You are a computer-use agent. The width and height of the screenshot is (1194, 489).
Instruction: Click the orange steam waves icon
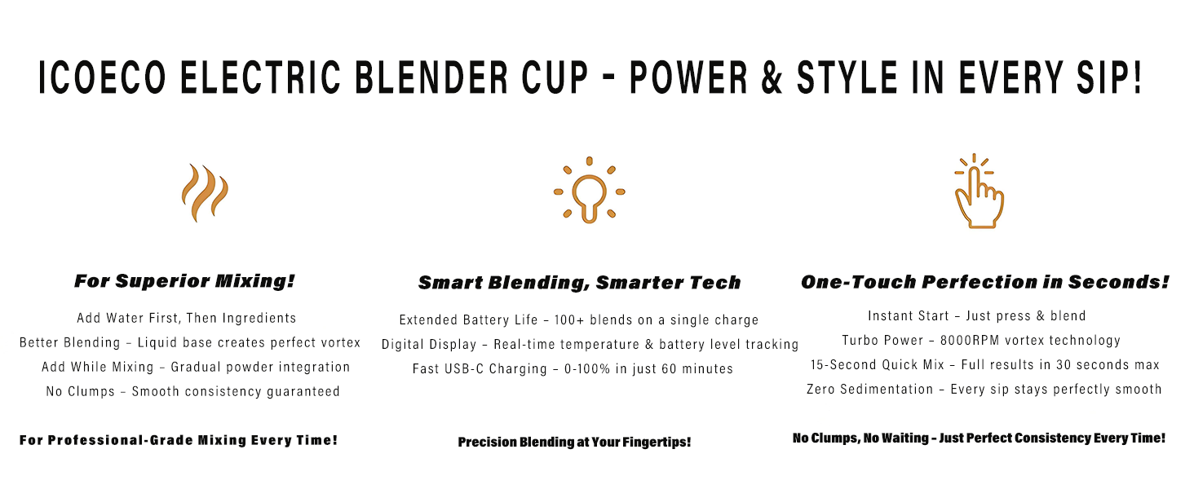coord(205,192)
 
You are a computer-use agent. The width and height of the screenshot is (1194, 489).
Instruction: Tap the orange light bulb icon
coord(589,190)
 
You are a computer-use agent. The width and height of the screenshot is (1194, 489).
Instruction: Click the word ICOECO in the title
coord(103,78)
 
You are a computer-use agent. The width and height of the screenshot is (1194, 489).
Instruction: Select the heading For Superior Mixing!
coord(184,282)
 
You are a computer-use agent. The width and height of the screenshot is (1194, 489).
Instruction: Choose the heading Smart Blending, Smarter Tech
coord(579,283)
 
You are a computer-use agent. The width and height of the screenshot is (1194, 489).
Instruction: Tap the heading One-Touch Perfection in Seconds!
coord(985,282)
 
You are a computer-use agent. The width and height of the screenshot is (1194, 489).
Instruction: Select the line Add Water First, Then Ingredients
coord(187,318)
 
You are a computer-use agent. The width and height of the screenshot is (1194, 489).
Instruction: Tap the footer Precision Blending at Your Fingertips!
coord(574,442)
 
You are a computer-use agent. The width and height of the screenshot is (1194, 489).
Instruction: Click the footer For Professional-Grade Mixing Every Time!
coord(179,440)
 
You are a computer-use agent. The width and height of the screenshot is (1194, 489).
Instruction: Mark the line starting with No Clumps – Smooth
coord(193,391)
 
